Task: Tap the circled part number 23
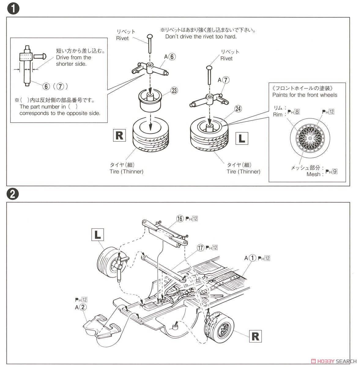(x=174, y=91)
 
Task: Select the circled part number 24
(x=238, y=109)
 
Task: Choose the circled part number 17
(x=200, y=248)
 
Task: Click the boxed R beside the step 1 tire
(x=119, y=135)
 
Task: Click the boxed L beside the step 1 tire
(x=242, y=139)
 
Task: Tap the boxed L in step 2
(x=98, y=235)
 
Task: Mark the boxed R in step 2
(x=255, y=336)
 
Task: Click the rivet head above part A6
(x=150, y=37)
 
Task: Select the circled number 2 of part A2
(x=83, y=307)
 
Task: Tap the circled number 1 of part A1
(x=252, y=258)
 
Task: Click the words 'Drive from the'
(x=73, y=57)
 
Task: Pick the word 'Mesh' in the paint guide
(x=314, y=174)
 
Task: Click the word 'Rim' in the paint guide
(x=278, y=114)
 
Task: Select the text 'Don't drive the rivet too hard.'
(x=201, y=36)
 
